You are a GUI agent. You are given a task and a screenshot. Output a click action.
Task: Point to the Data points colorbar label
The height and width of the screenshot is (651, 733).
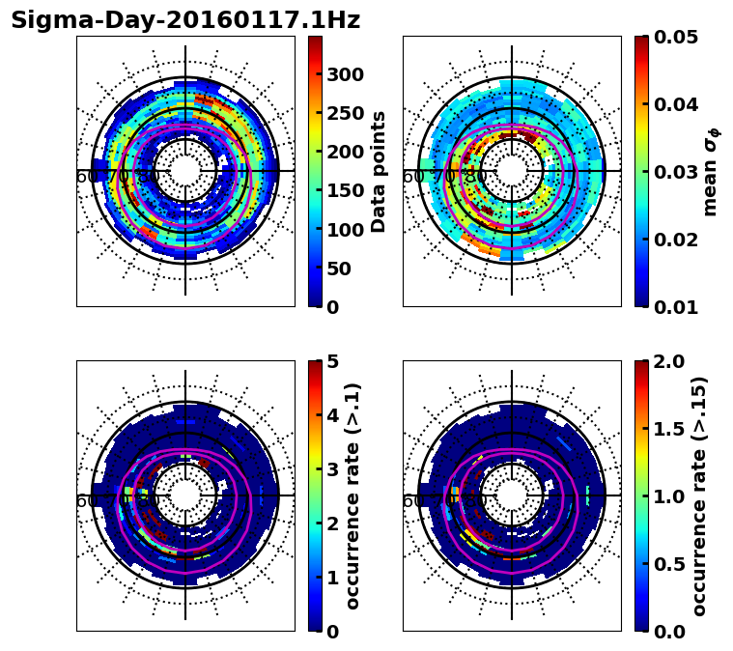pos(379,172)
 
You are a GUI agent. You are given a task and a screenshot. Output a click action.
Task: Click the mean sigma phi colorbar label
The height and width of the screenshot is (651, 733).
pos(711,172)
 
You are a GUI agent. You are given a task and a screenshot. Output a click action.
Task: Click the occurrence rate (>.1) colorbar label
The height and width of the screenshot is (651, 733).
pos(353,495)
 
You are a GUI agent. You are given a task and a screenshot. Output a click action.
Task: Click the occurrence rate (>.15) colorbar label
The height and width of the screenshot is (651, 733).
pos(699,495)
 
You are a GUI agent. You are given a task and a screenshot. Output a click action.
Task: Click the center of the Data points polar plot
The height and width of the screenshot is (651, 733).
pos(185,171)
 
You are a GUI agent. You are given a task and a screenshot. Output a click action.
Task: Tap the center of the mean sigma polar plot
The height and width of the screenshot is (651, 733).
pos(512,171)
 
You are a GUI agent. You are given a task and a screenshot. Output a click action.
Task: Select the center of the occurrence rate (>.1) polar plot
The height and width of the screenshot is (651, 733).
pos(185,495)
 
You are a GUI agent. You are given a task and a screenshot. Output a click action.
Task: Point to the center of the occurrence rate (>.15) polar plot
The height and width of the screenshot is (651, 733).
pos(512,495)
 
